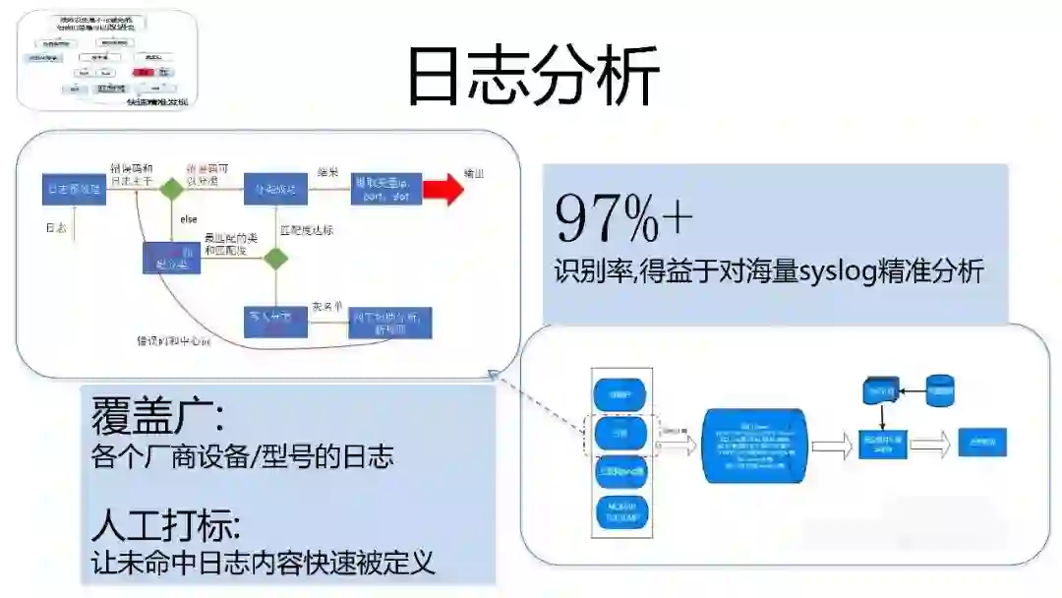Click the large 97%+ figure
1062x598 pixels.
point(623,218)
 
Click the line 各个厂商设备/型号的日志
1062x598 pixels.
point(242,456)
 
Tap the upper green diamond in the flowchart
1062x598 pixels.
point(174,189)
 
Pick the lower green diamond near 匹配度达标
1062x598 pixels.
point(275,258)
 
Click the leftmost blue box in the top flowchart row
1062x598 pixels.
point(74,189)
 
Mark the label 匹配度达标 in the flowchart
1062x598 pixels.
point(307,230)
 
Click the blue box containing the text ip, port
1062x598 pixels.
point(385,189)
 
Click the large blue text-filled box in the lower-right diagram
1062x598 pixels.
point(754,448)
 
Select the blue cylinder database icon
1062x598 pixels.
point(941,390)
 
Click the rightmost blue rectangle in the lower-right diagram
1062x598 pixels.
point(981,442)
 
